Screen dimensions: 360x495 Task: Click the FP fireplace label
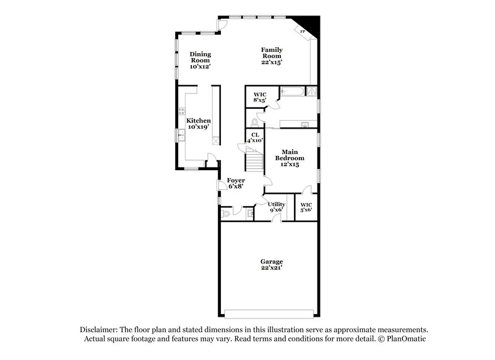pyautogui.click(x=303, y=31)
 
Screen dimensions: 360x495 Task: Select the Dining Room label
pyautogui.click(x=200, y=60)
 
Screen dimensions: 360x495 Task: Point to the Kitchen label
pyautogui.click(x=199, y=123)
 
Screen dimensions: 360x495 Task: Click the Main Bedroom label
pyautogui.click(x=290, y=158)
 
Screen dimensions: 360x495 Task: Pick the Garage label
pyautogui.click(x=271, y=265)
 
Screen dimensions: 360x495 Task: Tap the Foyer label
pyautogui.click(x=236, y=183)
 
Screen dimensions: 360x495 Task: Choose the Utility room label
pyautogui.click(x=276, y=207)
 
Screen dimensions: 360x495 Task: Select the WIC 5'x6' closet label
pyautogui.click(x=306, y=207)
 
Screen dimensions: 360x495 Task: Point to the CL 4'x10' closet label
pyautogui.click(x=254, y=138)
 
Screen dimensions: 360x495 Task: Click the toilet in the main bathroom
pyautogui.click(x=262, y=121)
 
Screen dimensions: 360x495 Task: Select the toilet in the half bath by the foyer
pyautogui.click(x=226, y=213)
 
